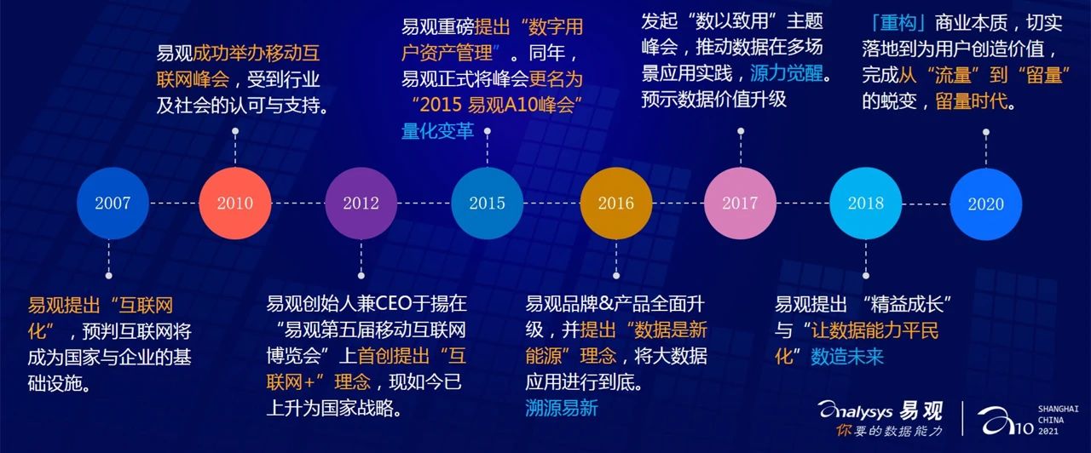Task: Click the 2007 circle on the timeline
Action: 113,203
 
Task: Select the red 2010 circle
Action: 235,203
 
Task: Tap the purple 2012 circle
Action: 361,203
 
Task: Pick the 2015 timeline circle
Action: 487,203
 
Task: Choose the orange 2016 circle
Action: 616,203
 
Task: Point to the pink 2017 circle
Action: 741,203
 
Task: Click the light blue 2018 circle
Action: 866,203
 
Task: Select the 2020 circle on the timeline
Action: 986,204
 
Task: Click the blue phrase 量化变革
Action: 437,131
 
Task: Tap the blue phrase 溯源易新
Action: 562,408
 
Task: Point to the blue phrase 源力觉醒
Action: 787,73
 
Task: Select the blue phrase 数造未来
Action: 847,357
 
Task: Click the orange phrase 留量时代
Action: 971,101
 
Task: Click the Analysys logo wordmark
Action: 856,411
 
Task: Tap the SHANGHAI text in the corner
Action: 1058,409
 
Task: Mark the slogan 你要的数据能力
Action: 889,431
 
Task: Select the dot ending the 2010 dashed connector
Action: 235,131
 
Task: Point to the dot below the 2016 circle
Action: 616,275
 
